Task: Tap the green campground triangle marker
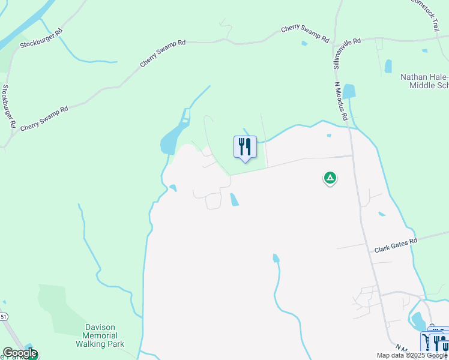tap(330, 178)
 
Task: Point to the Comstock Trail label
tap(427, 16)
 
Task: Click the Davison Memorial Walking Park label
tap(100, 336)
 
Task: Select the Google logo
tap(20, 353)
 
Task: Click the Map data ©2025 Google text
tap(412, 355)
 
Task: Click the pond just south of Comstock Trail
tap(388, 66)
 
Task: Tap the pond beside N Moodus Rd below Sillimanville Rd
tap(349, 92)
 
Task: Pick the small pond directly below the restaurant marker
tap(234, 200)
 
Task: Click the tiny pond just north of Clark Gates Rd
tap(382, 214)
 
